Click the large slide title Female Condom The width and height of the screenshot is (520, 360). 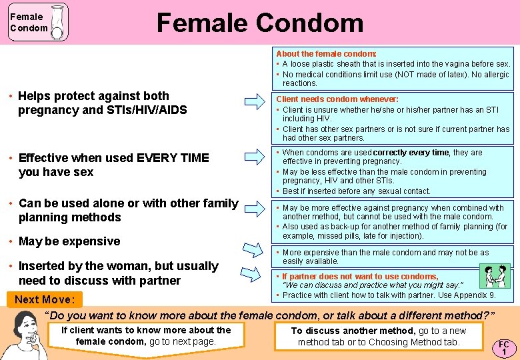[259, 23]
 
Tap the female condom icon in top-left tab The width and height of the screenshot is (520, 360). [57, 23]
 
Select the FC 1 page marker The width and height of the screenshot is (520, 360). [504, 347]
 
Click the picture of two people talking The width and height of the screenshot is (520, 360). [495, 275]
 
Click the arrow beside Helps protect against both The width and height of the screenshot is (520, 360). [254, 102]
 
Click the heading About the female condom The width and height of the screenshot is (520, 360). [326, 53]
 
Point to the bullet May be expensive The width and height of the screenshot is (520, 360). [69, 241]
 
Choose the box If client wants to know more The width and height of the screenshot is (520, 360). [146, 336]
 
